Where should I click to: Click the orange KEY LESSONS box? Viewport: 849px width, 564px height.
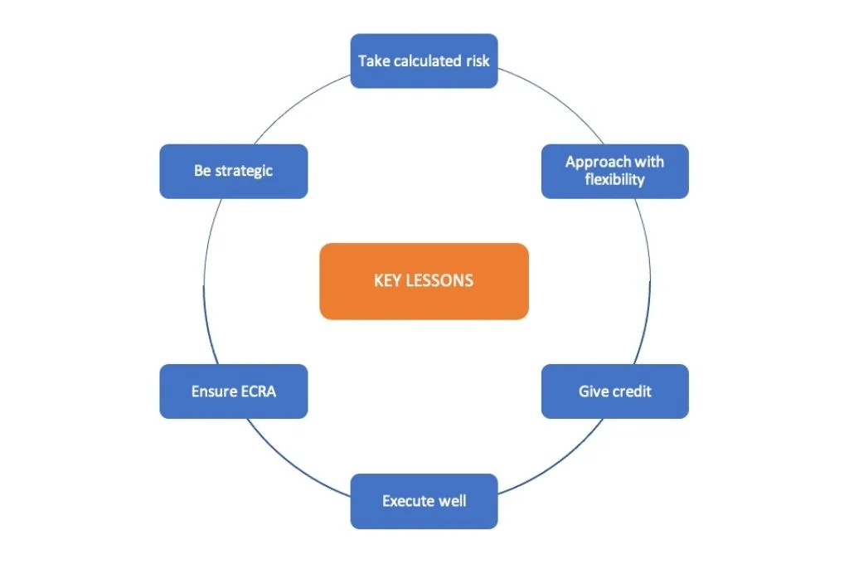pyautogui.click(x=424, y=281)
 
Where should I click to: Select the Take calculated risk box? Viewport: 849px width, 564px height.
pyautogui.click(x=424, y=61)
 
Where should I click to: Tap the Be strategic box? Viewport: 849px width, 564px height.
pyautogui.click(x=234, y=171)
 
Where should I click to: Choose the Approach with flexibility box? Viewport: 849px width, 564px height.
pyautogui.click(x=615, y=171)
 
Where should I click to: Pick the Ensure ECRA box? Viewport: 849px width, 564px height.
pyautogui.click(x=234, y=391)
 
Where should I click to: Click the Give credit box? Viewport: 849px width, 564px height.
pyautogui.click(x=615, y=391)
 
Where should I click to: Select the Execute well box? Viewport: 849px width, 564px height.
pyautogui.click(x=424, y=501)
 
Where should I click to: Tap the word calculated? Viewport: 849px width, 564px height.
pyautogui.click(x=427, y=61)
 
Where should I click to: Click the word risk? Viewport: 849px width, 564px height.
pyautogui.click(x=478, y=61)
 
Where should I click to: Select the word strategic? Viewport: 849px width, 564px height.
pyautogui.click(x=245, y=171)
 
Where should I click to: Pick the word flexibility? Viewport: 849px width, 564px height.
pyautogui.click(x=615, y=180)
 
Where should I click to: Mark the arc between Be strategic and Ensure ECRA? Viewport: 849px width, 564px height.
pyautogui.click(x=204, y=281)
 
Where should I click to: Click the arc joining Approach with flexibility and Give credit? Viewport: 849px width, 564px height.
pyautogui.click(x=650, y=281)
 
